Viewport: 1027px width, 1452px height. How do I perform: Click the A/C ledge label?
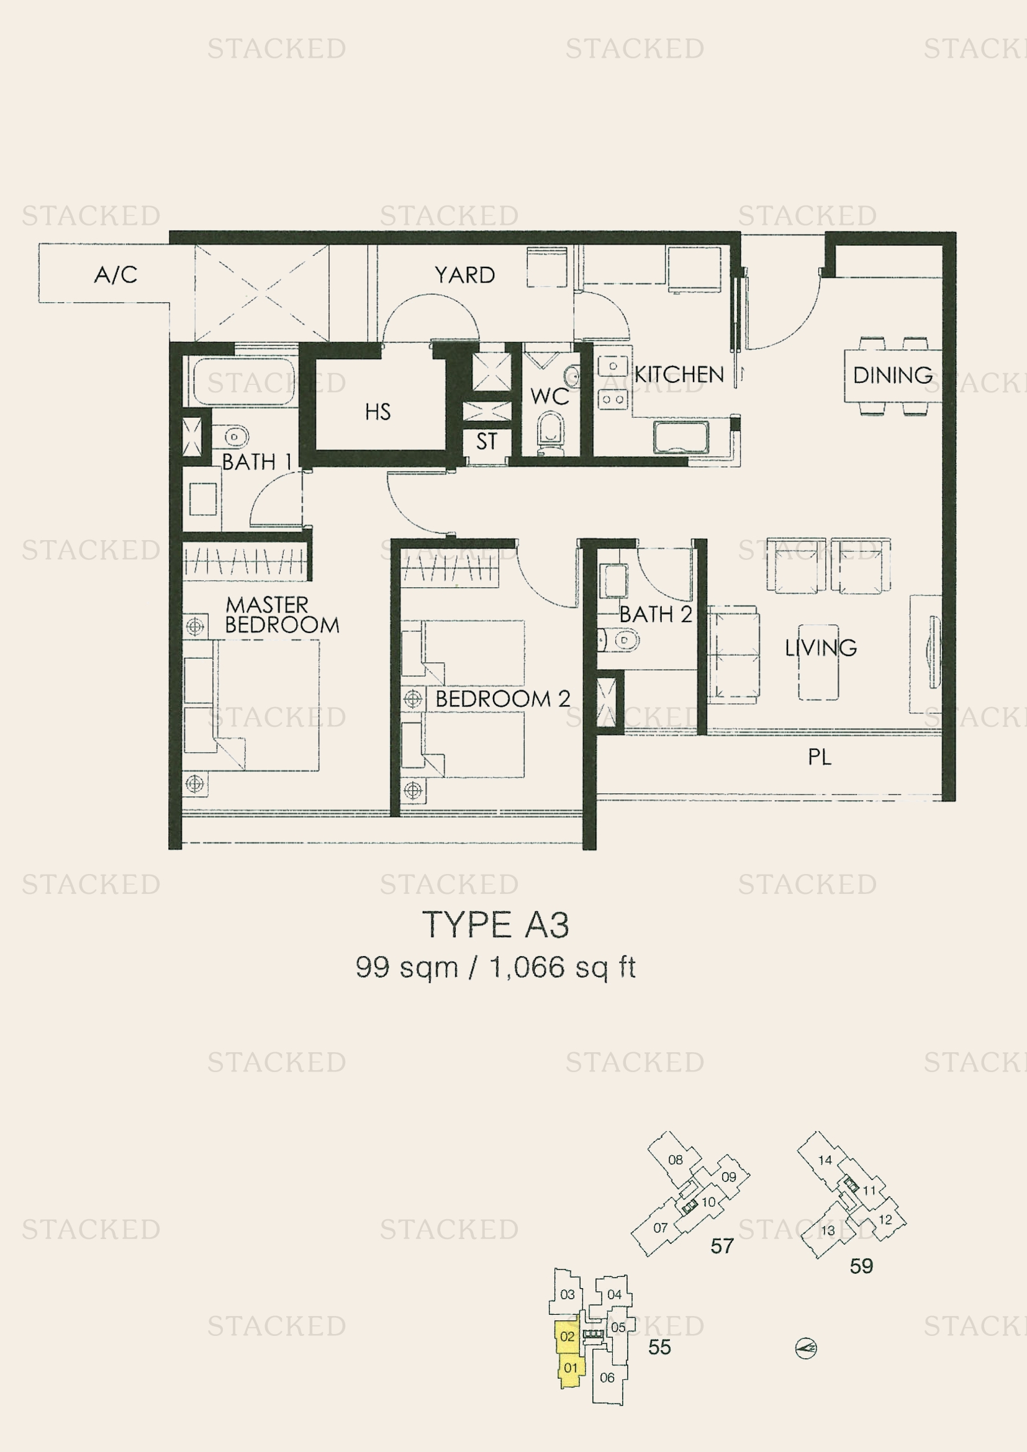(115, 274)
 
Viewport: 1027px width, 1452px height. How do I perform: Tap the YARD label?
(465, 275)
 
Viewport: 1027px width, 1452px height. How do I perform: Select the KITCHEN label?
(679, 374)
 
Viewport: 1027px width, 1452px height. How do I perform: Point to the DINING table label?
(893, 375)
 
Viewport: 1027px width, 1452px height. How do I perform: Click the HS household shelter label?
(378, 412)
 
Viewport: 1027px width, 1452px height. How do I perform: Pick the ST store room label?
(486, 441)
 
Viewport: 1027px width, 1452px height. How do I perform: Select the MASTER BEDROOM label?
(282, 615)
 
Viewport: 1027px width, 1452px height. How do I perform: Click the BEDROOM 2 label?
(503, 699)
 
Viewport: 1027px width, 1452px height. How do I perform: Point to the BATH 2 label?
(656, 614)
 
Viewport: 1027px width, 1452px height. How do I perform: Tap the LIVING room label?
(821, 647)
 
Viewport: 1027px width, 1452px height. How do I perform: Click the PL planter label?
(820, 757)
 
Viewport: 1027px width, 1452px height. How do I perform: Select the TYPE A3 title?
(495, 925)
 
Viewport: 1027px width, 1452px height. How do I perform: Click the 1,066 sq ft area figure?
(562, 967)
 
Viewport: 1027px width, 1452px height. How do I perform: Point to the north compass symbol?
(806, 1349)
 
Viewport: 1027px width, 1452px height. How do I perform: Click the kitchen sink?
(681, 438)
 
